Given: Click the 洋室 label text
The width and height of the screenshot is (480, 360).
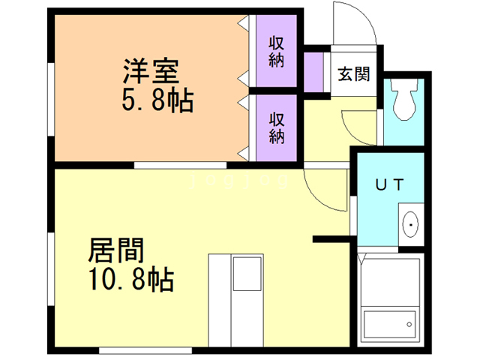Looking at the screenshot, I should pyautogui.click(x=151, y=73).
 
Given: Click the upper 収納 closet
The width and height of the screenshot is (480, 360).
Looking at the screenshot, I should pyautogui.click(x=277, y=51).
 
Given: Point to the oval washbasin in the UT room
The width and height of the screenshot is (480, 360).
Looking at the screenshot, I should pyautogui.click(x=412, y=224).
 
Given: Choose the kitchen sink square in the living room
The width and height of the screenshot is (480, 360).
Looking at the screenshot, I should pyautogui.click(x=247, y=274).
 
